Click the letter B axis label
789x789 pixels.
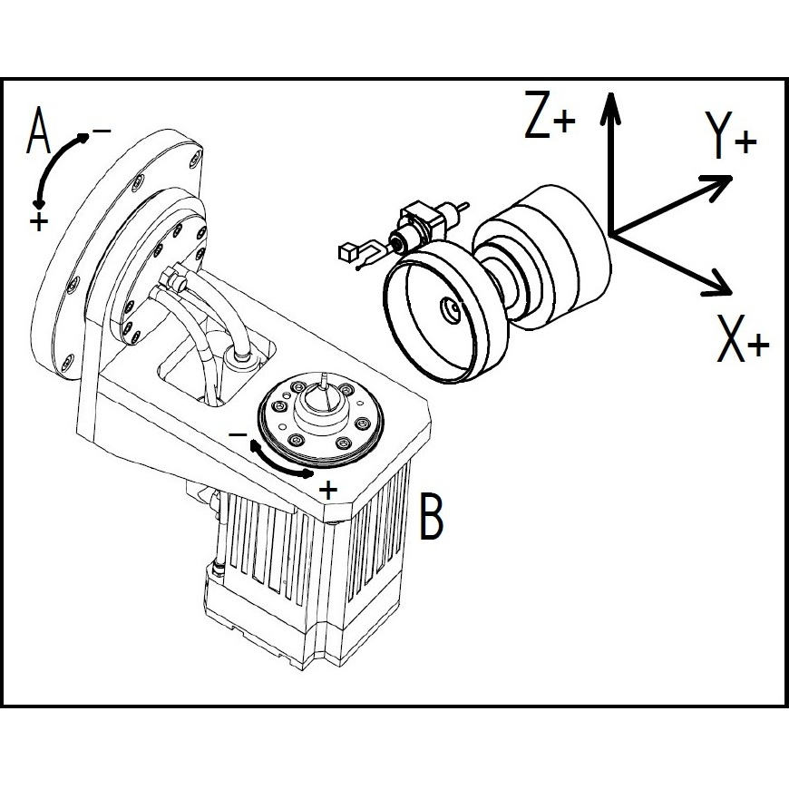click(x=433, y=516)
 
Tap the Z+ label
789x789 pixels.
click(x=549, y=115)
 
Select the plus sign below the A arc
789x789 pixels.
click(x=38, y=221)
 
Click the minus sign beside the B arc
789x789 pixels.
click(x=237, y=435)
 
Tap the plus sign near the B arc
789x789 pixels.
click(x=329, y=490)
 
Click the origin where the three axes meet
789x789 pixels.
click(x=612, y=234)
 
